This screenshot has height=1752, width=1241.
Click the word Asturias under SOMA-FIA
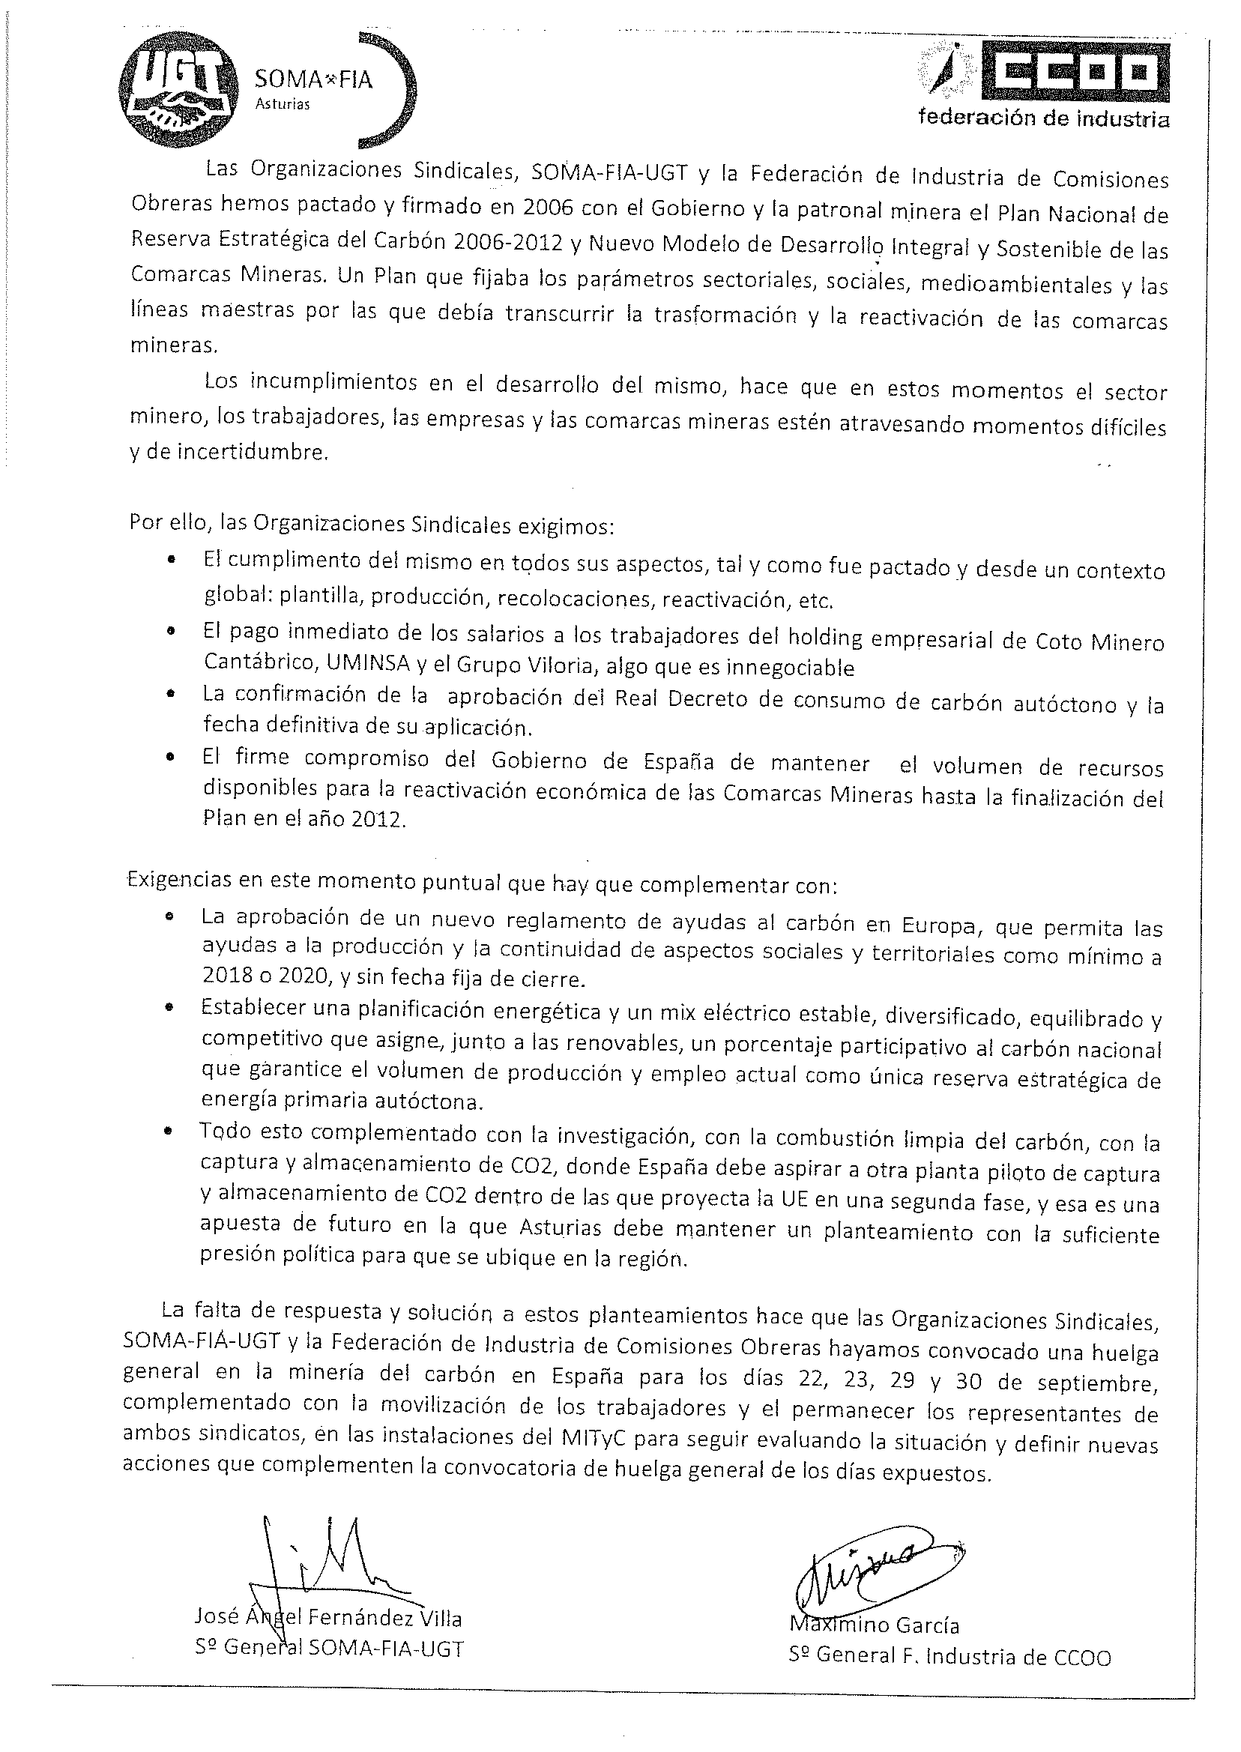coord(283,105)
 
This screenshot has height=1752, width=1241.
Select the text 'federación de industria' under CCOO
coord(1043,118)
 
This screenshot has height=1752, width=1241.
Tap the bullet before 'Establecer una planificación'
coord(169,1009)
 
